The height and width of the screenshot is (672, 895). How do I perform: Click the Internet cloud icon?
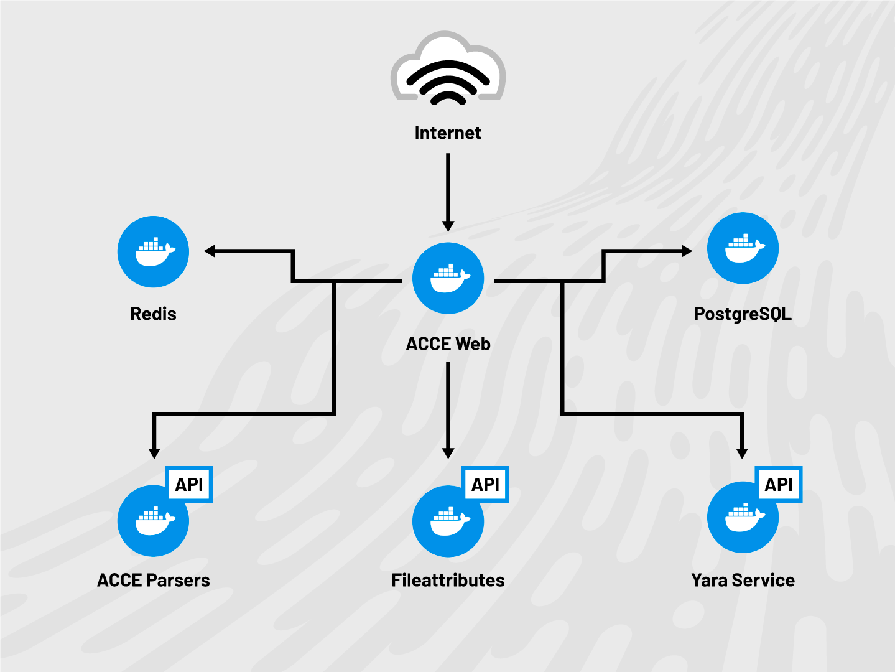(x=448, y=68)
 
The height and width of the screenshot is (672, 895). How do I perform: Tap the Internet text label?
(x=448, y=133)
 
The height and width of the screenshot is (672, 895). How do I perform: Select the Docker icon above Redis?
(x=153, y=252)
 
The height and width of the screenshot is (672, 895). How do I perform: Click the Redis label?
(x=153, y=314)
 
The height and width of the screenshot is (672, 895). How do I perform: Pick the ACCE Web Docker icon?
(x=448, y=278)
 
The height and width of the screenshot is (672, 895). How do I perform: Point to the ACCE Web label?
(x=448, y=344)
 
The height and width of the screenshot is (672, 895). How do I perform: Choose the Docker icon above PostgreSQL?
(x=743, y=248)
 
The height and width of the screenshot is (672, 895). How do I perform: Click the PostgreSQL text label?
(x=743, y=314)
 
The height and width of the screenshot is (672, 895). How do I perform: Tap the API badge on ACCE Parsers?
(x=190, y=484)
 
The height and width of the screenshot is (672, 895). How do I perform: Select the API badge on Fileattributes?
(x=486, y=484)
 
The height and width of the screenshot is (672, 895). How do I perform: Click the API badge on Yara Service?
(x=779, y=484)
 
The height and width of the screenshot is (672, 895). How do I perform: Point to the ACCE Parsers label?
(x=153, y=581)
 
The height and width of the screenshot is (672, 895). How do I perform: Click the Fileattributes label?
(x=448, y=581)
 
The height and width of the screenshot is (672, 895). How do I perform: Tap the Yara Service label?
(x=743, y=581)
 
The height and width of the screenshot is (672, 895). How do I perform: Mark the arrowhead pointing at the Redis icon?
(x=210, y=251)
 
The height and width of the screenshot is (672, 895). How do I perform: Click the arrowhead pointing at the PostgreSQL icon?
(x=687, y=251)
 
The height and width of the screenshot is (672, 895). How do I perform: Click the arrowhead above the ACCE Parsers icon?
(x=154, y=453)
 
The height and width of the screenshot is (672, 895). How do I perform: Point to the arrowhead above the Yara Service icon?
(x=741, y=453)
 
